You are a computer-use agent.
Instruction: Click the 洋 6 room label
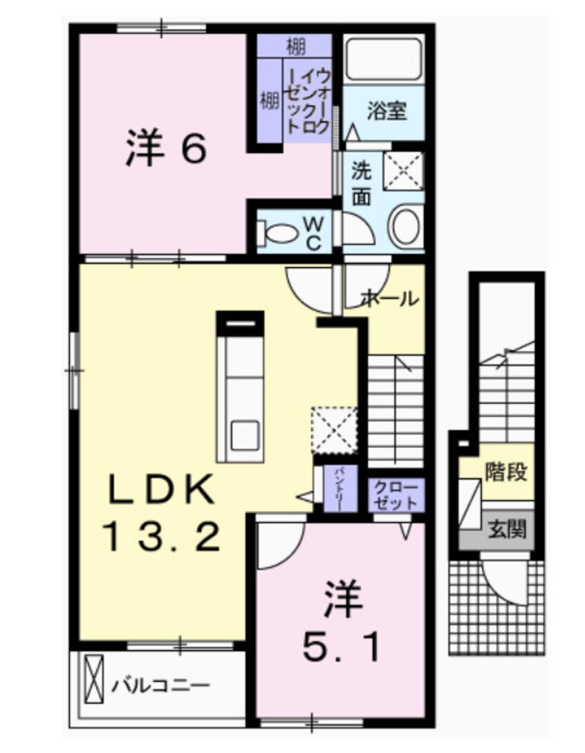(165, 148)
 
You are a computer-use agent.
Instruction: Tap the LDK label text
(160, 493)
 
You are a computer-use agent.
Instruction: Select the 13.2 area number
(162, 536)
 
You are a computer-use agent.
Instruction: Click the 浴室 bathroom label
(386, 111)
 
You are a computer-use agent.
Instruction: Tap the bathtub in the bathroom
(383, 59)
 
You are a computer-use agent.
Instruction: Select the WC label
(313, 233)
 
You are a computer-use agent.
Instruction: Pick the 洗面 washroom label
(362, 183)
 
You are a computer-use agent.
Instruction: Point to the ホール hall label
(389, 299)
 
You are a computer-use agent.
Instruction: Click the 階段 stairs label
(506, 473)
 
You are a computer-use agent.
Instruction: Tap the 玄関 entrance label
(508, 530)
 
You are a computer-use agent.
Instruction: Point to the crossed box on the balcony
(93, 676)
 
